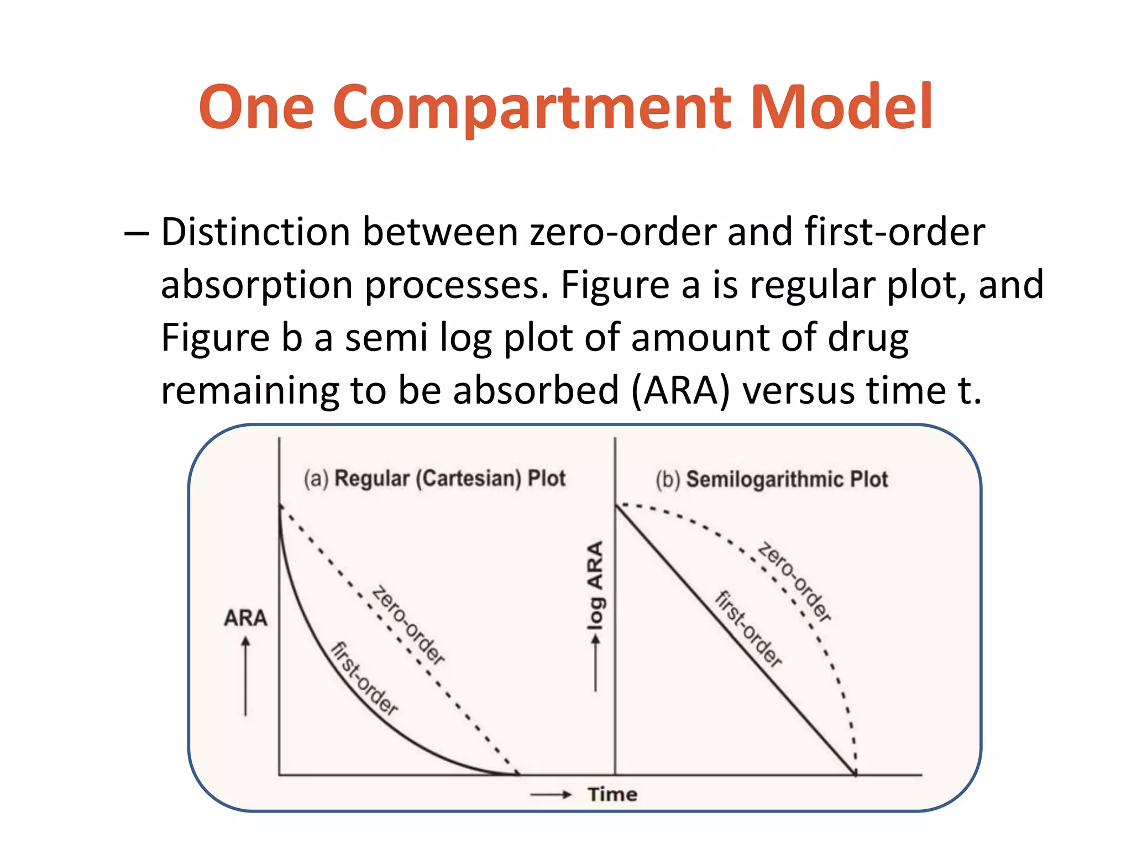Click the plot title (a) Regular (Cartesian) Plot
pyautogui.click(x=434, y=479)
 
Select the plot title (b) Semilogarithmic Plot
pyautogui.click(x=772, y=479)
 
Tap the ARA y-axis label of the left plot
pyautogui.click(x=245, y=618)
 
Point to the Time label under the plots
pyautogui.click(x=612, y=795)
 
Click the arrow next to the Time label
pyautogui.click(x=550, y=795)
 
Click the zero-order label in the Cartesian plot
pyautogui.click(x=408, y=625)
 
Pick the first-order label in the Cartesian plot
pyautogui.click(x=364, y=679)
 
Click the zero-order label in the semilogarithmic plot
pyautogui.click(x=794, y=582)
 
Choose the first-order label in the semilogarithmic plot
pyautogui.click(x=749, y=629)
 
